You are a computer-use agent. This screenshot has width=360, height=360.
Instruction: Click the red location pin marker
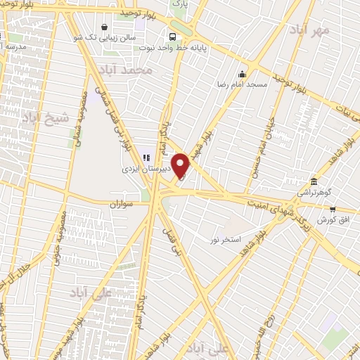click(181, 166)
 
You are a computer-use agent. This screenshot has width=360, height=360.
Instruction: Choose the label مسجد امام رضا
click(243, 84)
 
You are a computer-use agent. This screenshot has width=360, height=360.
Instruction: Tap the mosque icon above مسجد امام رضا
click(243, 74)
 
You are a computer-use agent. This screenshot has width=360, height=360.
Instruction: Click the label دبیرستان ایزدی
click(141, 169)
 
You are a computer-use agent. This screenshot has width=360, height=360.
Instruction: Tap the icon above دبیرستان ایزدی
click(147, 158)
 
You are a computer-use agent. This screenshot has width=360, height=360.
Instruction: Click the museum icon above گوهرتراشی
click(312, 181)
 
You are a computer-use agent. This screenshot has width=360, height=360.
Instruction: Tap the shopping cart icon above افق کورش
click(333, 209)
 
